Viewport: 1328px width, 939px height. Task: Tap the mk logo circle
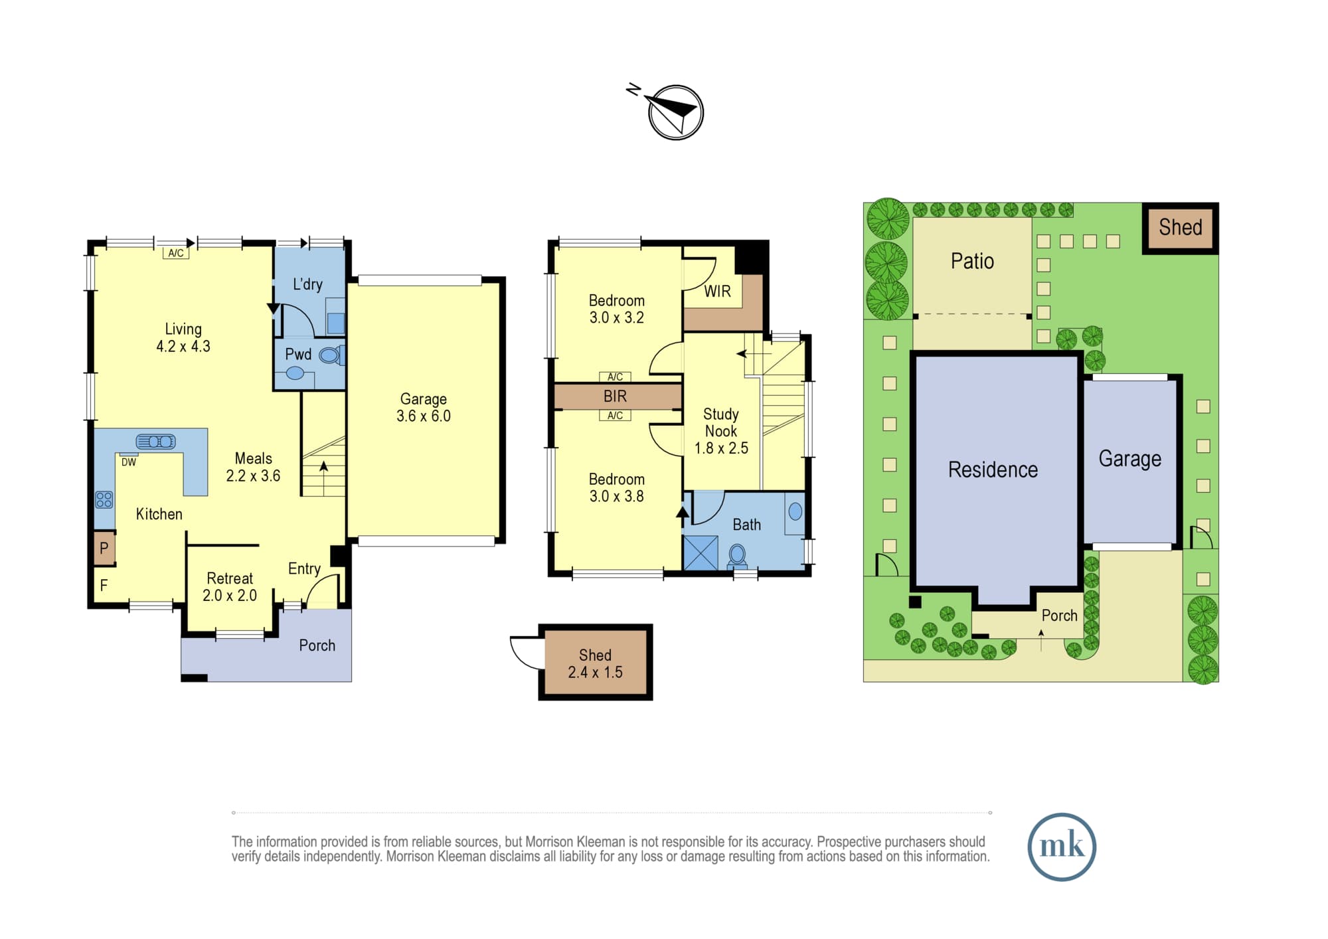tap(1061, 847)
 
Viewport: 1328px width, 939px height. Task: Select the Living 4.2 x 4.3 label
tap(183, 337)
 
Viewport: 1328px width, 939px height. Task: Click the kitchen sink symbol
tap(155, 442)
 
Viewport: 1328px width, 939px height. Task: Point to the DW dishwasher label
tap(129, 462)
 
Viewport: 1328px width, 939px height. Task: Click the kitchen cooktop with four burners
tap(104, 499)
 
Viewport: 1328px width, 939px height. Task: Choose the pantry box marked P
tap(104, 549)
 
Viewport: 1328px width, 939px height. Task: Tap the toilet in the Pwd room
tap(331, 355)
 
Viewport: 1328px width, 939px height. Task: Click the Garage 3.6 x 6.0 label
tap(424, 407)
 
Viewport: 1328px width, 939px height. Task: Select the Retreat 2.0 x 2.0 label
tap(230, 587)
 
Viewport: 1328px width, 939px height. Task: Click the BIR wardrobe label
tap(615, 396)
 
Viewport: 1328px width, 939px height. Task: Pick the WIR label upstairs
tap(717, 292)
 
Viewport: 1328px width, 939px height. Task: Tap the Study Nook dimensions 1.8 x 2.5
tap(721, 448)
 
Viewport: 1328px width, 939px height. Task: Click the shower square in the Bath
tap(701, 553)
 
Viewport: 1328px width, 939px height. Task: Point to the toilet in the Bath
tap(737, 555)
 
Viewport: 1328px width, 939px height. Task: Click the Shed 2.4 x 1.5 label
tap(595, 663)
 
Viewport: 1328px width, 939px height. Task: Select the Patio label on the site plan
tap(972, 261)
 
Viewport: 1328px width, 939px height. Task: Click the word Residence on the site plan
tap(993, 469)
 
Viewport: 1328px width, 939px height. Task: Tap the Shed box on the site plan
tap(1181, 228)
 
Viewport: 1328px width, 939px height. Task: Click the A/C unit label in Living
tap(176, 253)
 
